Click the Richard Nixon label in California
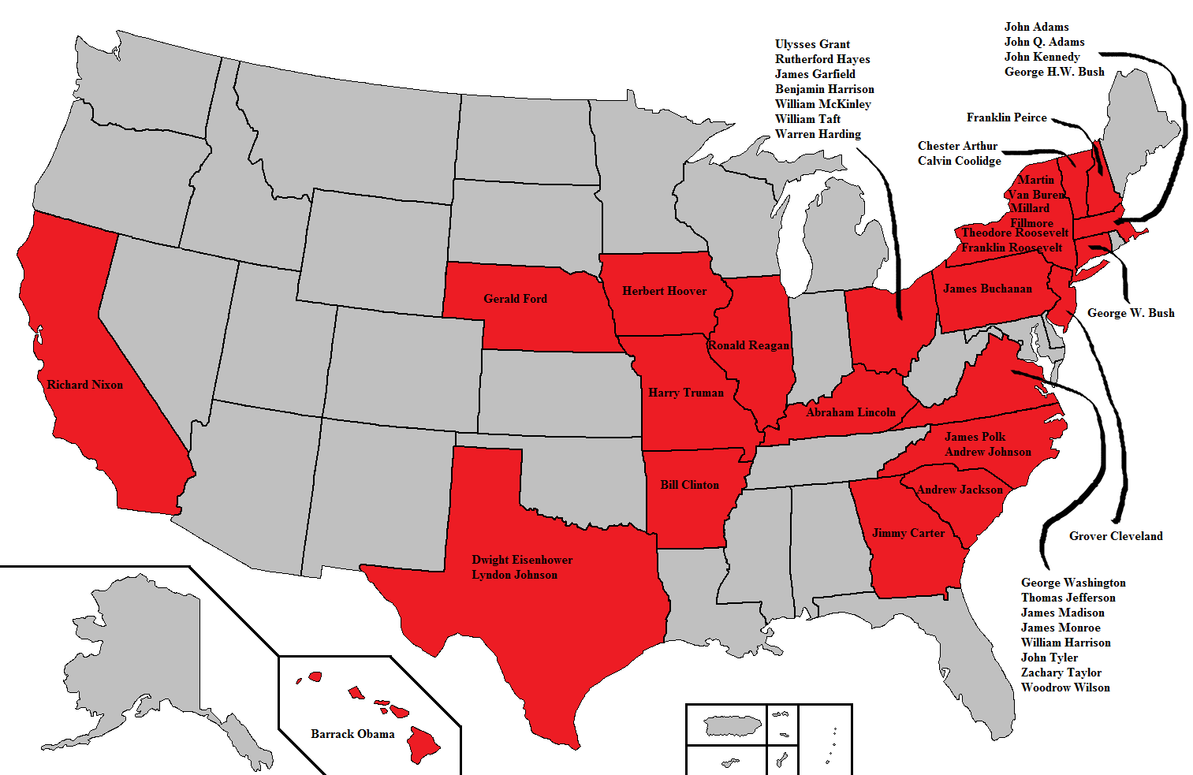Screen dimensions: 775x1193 (x=84, y=385)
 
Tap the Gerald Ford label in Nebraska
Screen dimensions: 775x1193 (x=515, y=299)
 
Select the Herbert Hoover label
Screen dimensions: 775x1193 (x=664, y=291)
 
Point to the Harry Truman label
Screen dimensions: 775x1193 (x=685, y=393)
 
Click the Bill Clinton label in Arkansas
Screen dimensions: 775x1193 (x=689, y=485)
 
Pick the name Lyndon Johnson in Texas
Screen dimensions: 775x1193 (x=514, y=575)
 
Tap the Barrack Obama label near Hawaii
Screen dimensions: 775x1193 (x=352, y=734)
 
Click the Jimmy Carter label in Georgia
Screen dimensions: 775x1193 (x=908, y=533)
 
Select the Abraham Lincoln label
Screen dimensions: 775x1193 (x=851, y=412)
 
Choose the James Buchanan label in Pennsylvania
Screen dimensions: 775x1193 (x=987, y=289)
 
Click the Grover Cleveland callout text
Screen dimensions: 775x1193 (x=1115, y=536)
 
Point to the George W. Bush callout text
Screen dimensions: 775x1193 (x=1130, y=313)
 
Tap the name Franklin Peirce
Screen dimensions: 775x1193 (x=1006, y=117)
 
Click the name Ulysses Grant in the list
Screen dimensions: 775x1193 (x=812, y=44)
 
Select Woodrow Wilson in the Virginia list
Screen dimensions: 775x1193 (x=1064, y=687)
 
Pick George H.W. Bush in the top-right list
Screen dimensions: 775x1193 (x=1053, y=72)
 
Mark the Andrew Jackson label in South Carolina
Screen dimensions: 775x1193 (x=960, y=490)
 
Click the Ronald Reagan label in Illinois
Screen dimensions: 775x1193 (x=747, y=345)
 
